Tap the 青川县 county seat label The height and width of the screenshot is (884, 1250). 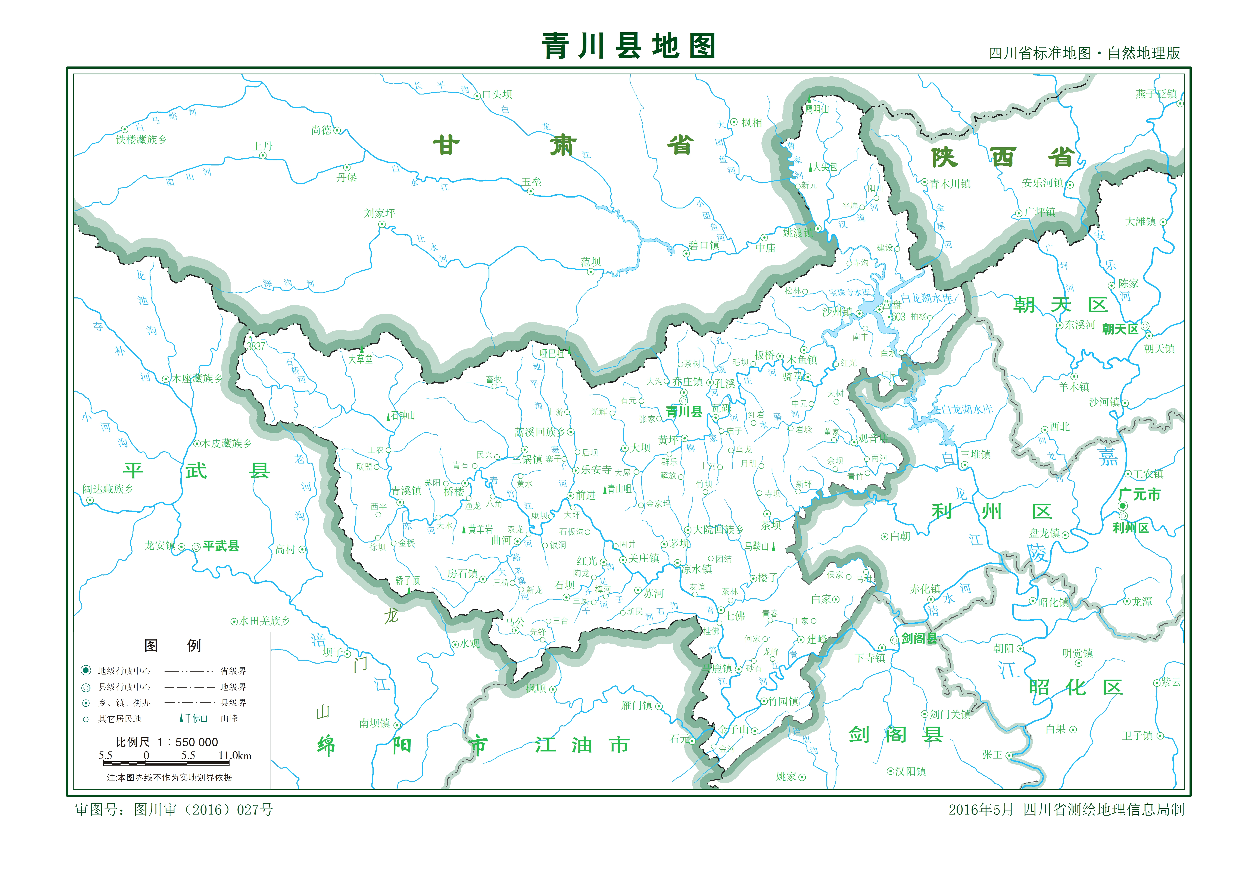(684, 412)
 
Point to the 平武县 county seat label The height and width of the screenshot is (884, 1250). (221, 546)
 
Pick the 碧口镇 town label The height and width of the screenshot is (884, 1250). (704, 246)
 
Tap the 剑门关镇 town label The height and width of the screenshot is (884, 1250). (950, 714)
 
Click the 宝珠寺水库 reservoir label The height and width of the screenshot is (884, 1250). (849, 293)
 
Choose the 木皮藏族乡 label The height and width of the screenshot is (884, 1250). (227, 443)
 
